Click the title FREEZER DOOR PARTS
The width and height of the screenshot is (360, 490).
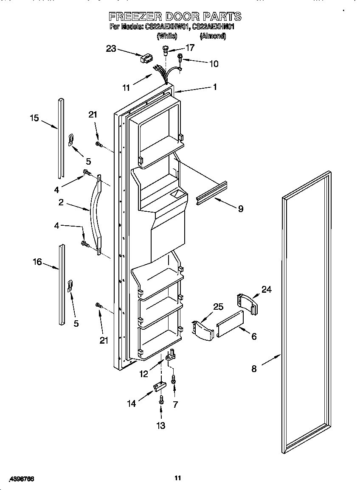[175, 17]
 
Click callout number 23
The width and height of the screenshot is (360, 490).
[111, 49]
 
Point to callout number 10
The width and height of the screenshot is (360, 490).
[214, 64]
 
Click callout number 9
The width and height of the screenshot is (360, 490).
[240, 209]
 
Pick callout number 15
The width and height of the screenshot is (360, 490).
[34, 118]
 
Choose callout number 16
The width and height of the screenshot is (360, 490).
[37, 262]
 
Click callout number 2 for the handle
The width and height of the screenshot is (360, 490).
[61, 203]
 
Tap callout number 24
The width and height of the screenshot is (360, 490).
[266, 289]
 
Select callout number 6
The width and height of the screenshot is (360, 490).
[254, 336]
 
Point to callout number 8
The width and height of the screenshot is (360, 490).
[254, 369]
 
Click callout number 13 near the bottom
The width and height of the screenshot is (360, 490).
[161, 426]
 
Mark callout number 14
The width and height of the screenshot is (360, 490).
[132, 403]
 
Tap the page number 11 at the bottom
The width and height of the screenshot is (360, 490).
[178, 478]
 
